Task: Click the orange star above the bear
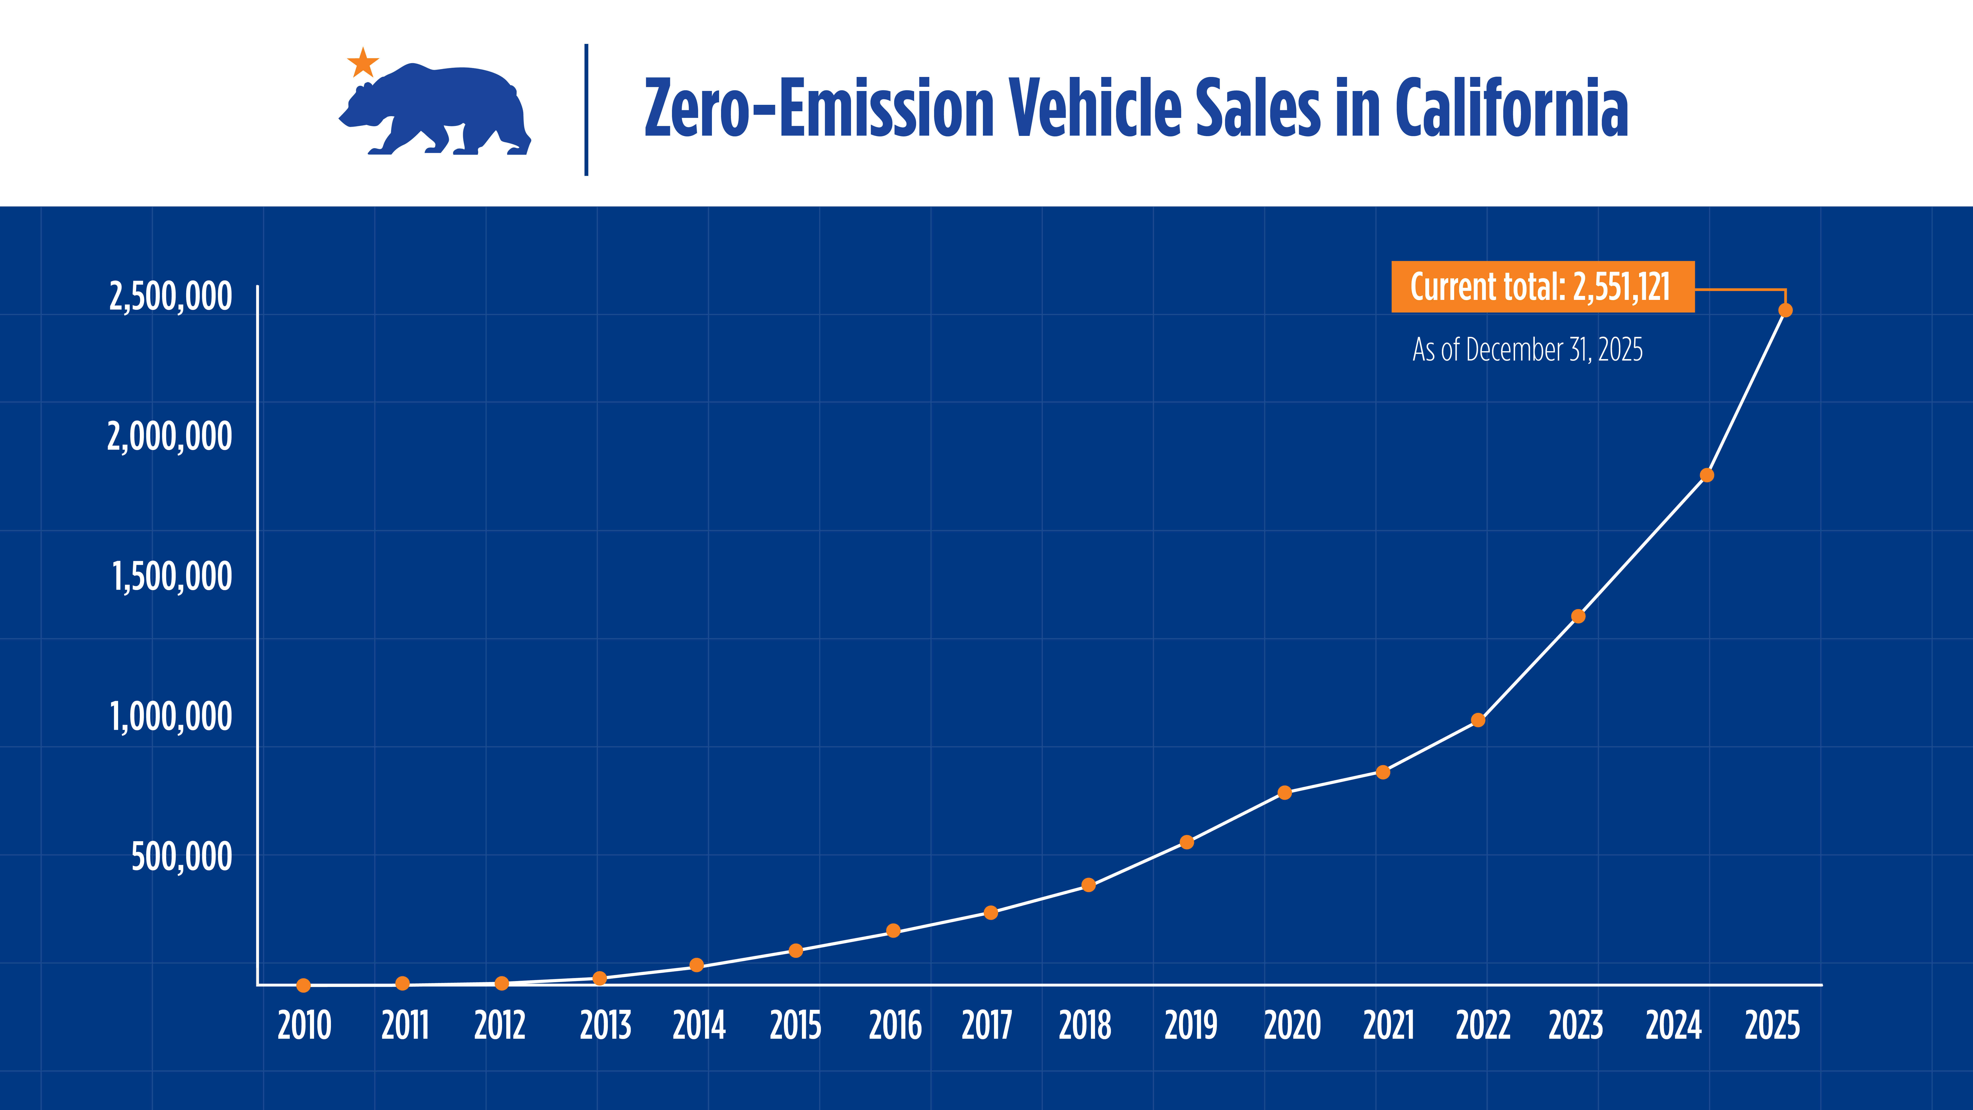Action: pyautogui.click(x=363, y=63)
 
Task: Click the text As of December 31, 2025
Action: pyautogui.click(x=1527, y=350)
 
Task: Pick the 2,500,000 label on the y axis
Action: pyautogui.click(x=170, y=296)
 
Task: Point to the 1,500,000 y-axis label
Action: pyautogui.click(x=172, y=577)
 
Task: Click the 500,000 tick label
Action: pyautogui.click(x=181, y=856)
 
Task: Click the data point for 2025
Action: pyautogui.click(x=1785, y=310)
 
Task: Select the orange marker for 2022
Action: pyautogui.click(x=1478, y=720)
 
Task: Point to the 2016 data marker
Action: pyautogui.click(x=893, y=931)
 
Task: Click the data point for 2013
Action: pyautogui.click(x=600, y=978)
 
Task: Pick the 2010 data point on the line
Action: pyautogui.click(x=303, y=985)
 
